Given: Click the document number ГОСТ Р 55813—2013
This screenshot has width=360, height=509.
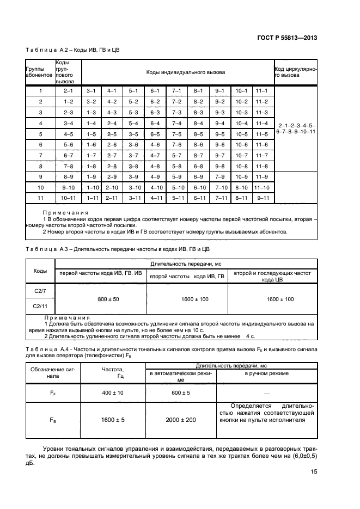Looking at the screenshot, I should pyautogui.click(x=286, y=38).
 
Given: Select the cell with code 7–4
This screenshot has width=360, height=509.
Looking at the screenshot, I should pyautogui.click(x=176, y=123).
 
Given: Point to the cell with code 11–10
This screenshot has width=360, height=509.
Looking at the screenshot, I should pyautogui.click(x=262, y=187).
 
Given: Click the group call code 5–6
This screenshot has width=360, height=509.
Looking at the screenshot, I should pyautogui.click(x=68, y=144).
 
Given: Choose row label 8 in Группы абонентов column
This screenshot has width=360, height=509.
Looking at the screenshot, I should pyautogui.click(x=40, y=165).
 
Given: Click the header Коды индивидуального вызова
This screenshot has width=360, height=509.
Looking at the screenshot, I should pyautogui.click(x=178, y=72).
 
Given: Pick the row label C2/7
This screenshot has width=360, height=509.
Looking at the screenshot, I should pyautogui.click(x=40, y=291).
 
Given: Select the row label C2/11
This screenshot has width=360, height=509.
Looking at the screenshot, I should pyautogui.click(x=40, y=306).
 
